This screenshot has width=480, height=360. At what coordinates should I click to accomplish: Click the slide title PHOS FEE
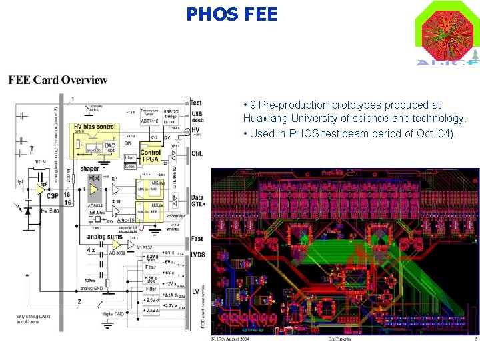232,14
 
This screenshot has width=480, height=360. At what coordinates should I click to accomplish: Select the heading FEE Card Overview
58,80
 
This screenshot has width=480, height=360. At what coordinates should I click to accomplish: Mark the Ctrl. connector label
197,153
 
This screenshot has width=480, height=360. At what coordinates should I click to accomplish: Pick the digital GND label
115,313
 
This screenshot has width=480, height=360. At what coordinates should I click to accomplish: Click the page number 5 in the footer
476,339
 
